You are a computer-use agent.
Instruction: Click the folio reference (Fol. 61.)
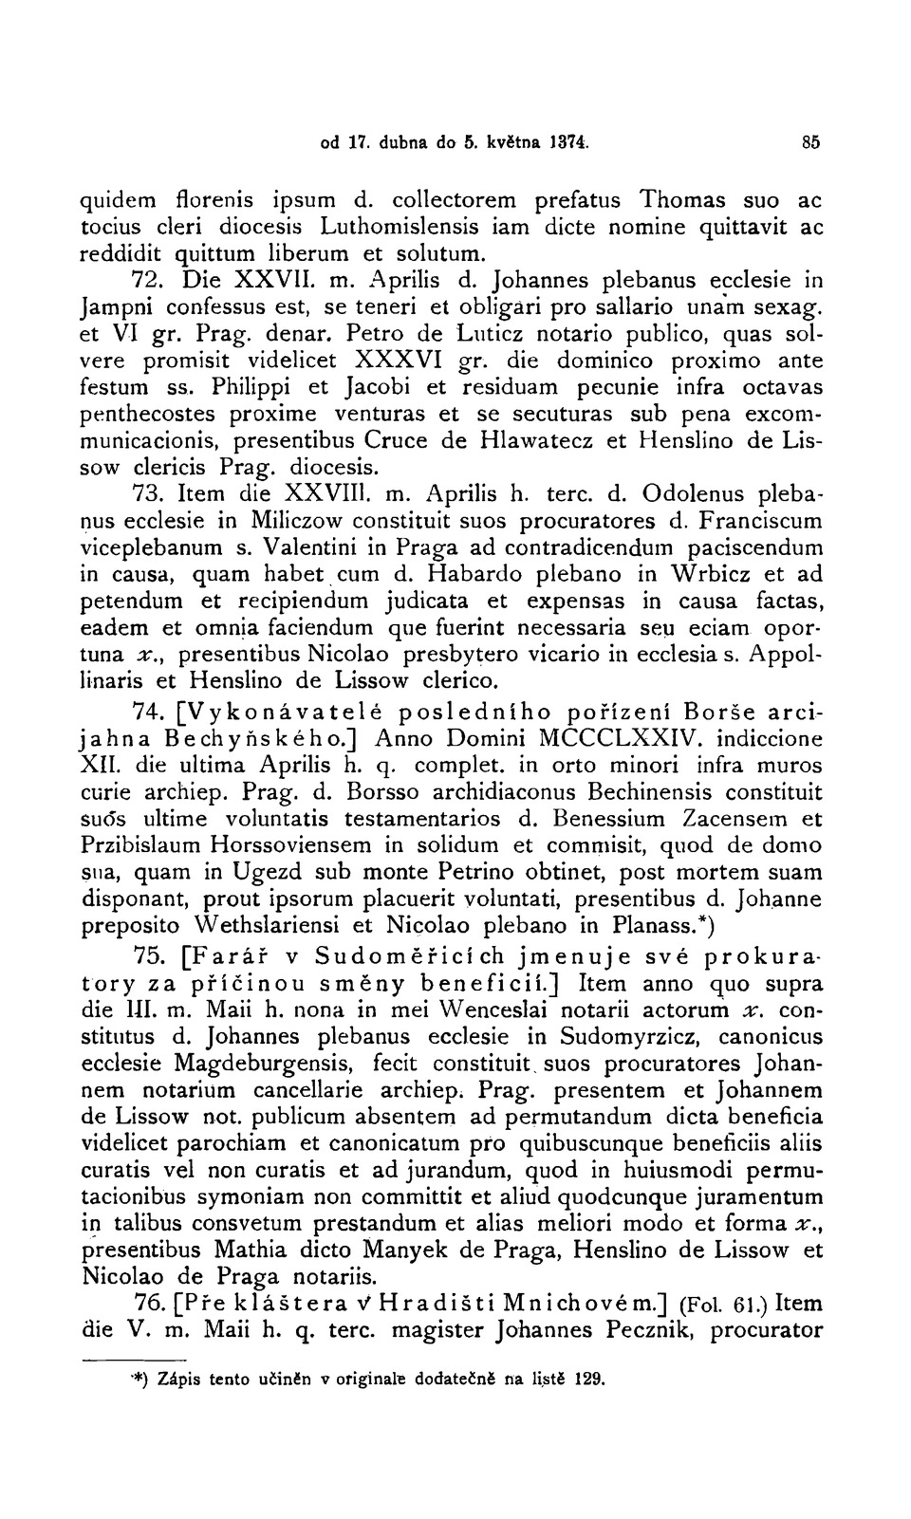(707, 1303)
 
